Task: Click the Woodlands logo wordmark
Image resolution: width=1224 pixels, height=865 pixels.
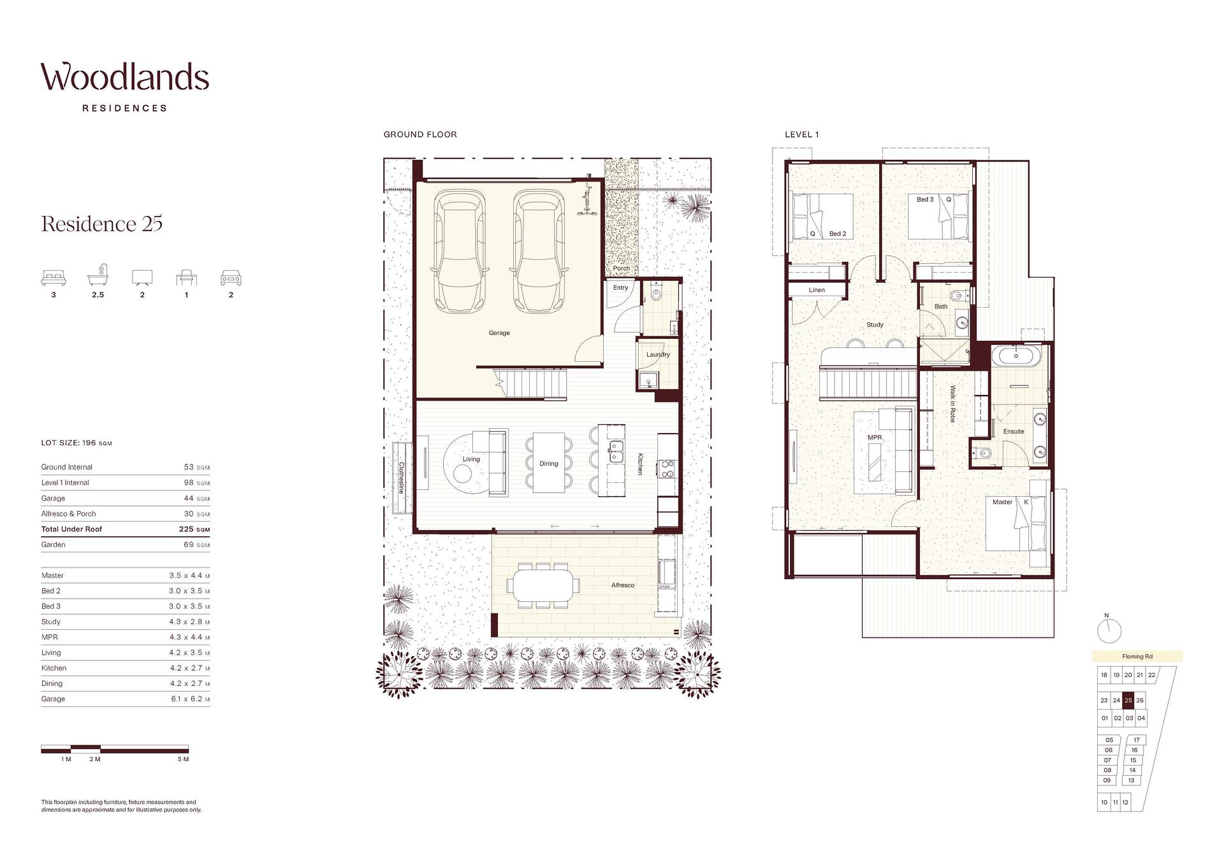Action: coord(125,77)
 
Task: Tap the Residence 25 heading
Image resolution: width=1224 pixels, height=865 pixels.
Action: coord(102,224)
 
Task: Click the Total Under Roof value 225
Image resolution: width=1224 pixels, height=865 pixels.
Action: coord(186,529)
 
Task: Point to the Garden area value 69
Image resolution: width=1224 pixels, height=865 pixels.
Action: coord(188,545)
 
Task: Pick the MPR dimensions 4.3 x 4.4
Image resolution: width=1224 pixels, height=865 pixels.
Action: coord(186,637)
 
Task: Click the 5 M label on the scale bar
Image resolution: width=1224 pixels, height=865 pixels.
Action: coord(183,759)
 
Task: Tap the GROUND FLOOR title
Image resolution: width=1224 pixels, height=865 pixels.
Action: coord(420,134)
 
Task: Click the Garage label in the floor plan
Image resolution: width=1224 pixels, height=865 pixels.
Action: coord(499,332)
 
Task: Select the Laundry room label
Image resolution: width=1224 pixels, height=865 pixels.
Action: coord(658,355)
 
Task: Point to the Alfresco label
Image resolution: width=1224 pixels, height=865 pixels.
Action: coord(623,585)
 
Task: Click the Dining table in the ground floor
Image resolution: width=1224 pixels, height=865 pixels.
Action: coord(549,462)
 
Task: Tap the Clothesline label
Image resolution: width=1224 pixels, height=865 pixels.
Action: coord(402,478)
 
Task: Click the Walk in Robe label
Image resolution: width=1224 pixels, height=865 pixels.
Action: coord(952,404)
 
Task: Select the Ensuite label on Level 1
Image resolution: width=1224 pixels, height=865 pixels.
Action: coord(1014,431)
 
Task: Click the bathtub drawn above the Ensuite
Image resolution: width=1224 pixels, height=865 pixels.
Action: coord(1018,355)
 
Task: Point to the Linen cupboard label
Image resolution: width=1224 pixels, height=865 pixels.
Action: coord(817,290)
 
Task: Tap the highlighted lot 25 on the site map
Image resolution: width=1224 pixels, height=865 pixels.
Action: coord(1128,700)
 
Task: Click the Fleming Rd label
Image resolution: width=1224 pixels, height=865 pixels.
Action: coord(1137,657)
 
